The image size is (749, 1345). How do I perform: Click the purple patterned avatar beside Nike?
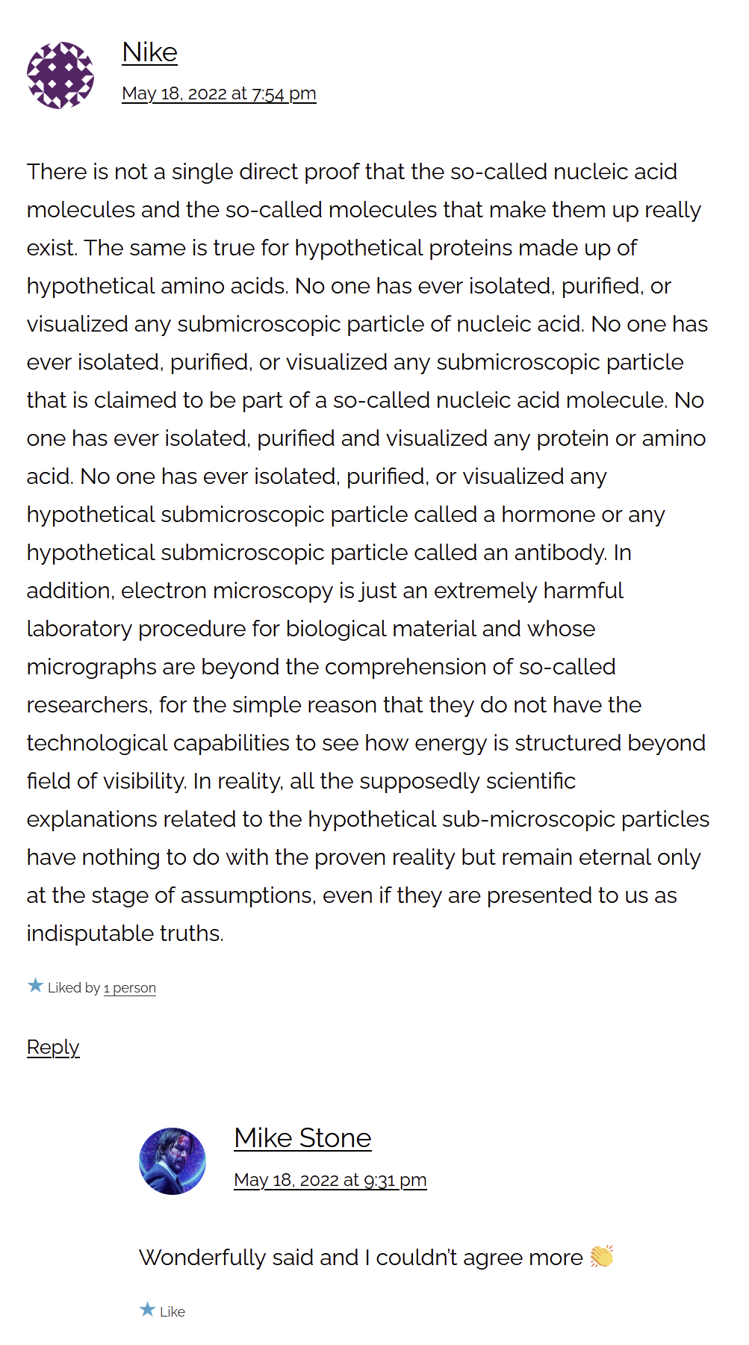[x=60, y=75]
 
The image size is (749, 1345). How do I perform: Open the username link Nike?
[x=149, y=53]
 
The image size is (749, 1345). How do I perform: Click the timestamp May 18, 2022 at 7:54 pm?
[x=219, y=94]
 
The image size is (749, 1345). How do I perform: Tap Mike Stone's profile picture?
[x=173, y=1161]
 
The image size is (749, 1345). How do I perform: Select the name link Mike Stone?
[x=302, y=1138]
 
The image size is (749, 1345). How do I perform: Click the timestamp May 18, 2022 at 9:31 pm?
[x=330, y=1180]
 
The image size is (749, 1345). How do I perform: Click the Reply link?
[x=53, y=1047]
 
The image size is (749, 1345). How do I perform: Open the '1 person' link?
[x=130, y=988]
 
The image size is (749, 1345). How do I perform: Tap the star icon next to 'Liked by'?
[x=35, y=986]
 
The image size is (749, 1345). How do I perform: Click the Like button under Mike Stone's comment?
[x=172, y=1311]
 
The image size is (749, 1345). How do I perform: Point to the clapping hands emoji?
[x=601, y=1257]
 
